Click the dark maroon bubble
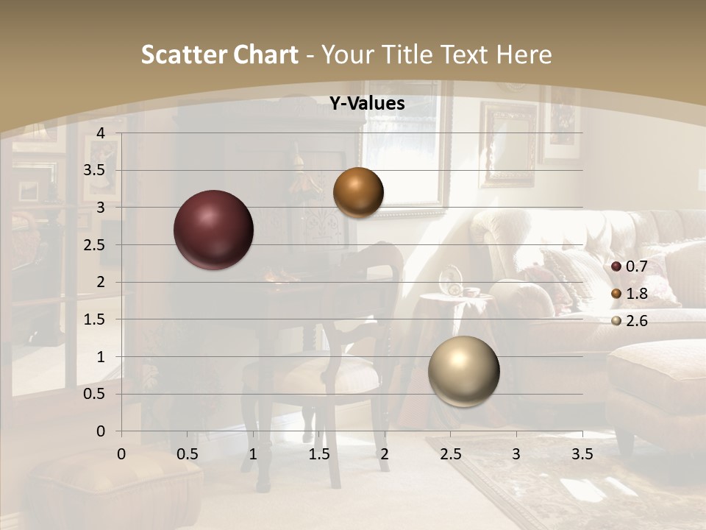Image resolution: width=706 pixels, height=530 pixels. point(213,230)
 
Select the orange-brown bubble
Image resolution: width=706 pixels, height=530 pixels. point(358,192)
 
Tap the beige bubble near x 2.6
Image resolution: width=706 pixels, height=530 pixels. point(463,370)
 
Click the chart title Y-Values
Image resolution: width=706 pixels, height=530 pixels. point(367,104)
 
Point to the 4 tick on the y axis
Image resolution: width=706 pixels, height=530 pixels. point(101,132)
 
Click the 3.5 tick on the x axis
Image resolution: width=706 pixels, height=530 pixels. point(582,453)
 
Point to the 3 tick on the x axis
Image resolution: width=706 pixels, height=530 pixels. point(516,453)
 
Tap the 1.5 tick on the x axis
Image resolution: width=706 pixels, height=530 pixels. point(318,453)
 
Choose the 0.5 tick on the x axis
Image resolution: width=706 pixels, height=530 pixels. point(188,453)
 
